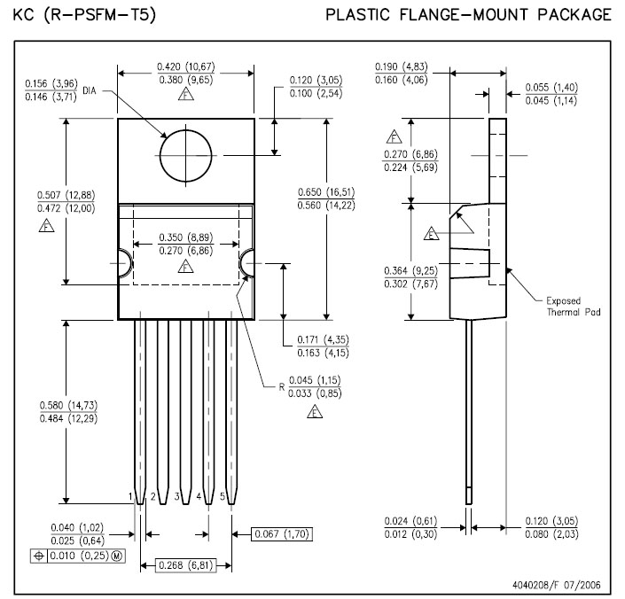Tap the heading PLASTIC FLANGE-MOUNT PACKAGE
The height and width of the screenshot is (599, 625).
click(x=468, y=15)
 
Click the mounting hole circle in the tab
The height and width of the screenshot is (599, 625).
click(x=186, y=156)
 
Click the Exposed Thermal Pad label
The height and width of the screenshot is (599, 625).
click(x=570, y=306)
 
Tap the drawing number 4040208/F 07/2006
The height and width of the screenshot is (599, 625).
click(x=562, y=586)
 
